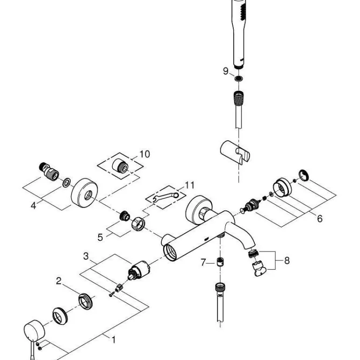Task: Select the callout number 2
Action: [59, 281]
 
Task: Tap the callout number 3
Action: [86, 256]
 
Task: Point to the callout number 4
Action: [34, 205]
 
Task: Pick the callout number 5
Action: [100, 237]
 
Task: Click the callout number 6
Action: [319, 218]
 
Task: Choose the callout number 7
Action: [203, 263]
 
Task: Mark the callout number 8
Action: [287, 260]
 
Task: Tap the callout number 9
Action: [225, 71]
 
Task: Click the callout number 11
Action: [188, 185]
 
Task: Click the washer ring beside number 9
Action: [238, 78]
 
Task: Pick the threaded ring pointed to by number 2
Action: [85, 300]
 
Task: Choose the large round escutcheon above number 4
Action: [84, 192]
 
